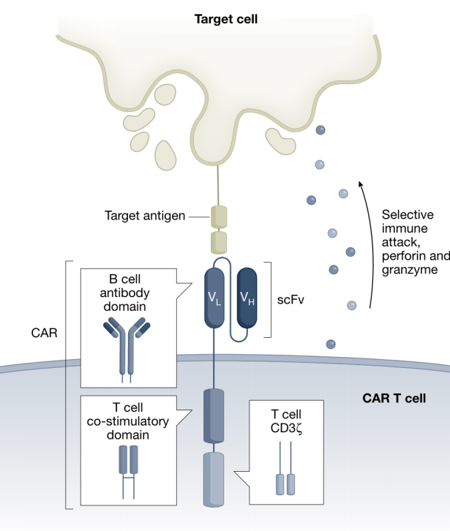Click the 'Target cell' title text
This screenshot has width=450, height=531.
tap(226, 19)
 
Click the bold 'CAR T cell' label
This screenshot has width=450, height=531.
tap(394, 399)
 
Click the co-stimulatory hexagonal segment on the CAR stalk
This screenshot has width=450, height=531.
tap(216, 415)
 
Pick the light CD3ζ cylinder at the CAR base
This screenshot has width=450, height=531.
tap(216, 479)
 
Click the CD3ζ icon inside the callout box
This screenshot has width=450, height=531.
tap(285, 475)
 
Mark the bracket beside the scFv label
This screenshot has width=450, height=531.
tap(269, 299)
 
